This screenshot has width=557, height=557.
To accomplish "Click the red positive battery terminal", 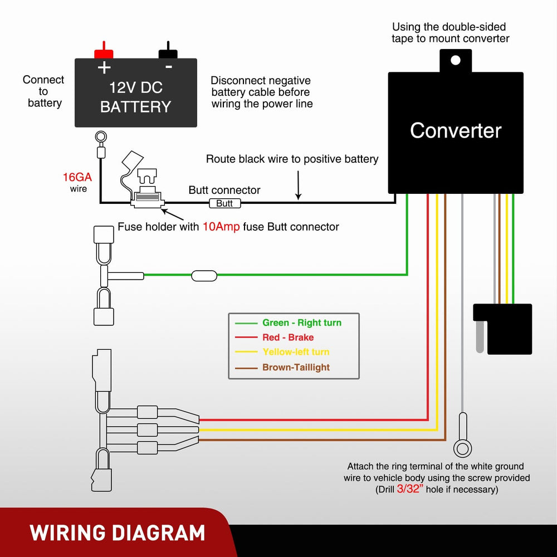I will click(x=104, y=53).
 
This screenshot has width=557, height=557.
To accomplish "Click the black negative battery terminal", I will click(x=168, y=53).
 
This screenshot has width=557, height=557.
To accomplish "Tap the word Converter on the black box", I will click(x=456, y=130).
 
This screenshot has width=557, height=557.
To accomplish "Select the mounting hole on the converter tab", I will click(x=456, y=60).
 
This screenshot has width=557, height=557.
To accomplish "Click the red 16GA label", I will click(x=77, y=178).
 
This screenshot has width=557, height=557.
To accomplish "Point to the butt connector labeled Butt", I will click(x=224, y=203).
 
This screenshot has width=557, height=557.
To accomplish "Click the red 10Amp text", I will click(x=221, y=227).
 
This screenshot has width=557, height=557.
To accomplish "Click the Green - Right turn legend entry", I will click(x=301, y=323).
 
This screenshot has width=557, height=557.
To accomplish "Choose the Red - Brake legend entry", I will click(x=287, y=337).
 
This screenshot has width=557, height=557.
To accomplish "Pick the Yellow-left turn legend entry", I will click(x=295, y=352).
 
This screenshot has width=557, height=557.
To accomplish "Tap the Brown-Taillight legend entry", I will click(x=295, y=367).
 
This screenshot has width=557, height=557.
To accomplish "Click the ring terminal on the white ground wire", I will click(x=462, y=447).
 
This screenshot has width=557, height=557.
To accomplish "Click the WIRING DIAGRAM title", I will click(x=118, y=532).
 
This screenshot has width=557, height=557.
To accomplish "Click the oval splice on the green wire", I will click(x=204, y=275).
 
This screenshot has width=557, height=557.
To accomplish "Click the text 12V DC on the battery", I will click(x=135, y=87).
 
